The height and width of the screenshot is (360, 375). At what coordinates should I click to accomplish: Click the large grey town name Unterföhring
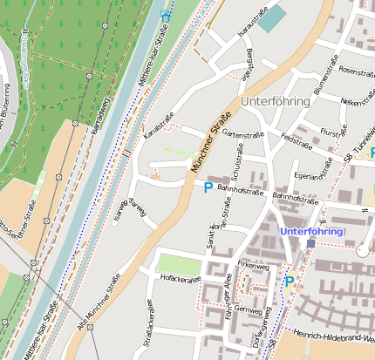click(x=274, y=101)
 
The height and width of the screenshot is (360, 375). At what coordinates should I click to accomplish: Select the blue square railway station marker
click(x=310, y=243)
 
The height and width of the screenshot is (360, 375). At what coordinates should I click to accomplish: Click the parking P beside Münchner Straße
click(x=208, y=187)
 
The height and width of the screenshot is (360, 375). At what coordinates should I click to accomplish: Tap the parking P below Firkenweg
click(x=290, y=281)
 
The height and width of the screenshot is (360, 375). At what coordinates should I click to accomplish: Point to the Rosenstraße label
click(x=356, y=71)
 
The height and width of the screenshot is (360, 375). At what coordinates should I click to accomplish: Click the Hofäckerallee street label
click(x=181, y=278)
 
